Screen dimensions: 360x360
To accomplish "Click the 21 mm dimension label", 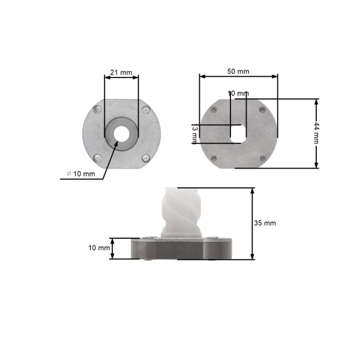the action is pyautogui.click(x=121, y=73).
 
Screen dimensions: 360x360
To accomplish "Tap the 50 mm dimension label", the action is pyautogui.click(x=238, y=71).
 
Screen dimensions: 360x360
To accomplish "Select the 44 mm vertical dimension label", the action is pyautogui.click(x=316, y=133).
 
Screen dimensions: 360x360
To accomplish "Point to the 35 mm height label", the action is pyautogui.click(x=265, y=223).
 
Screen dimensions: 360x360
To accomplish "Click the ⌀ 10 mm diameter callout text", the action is pyautogui.click(x=81, y=174).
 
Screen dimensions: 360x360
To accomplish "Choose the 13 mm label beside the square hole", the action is pyautogui.click(x=194, y=134).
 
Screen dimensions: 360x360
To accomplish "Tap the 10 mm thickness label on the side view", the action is pyautogui.click(x=99, y=248).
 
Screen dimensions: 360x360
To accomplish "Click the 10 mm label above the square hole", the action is pyautogui.click(x=238, y=94).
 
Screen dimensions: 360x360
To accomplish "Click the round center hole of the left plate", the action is pyautogui.click(x=121, y=134).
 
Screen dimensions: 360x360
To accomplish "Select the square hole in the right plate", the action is pyautogui.click(x=238, y=134).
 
